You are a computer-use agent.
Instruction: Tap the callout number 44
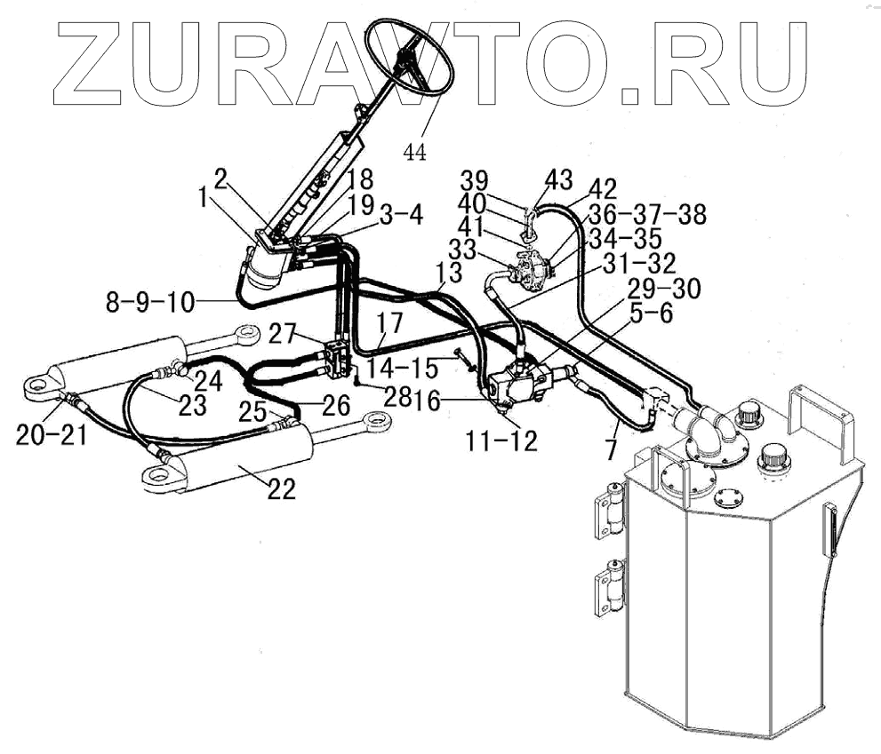(x=414, y=152)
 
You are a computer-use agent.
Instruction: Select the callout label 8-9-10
(x=149, y=300)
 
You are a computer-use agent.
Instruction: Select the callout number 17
(x=388, y=322)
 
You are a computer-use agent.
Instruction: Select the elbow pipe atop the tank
(x=708, y=430)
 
